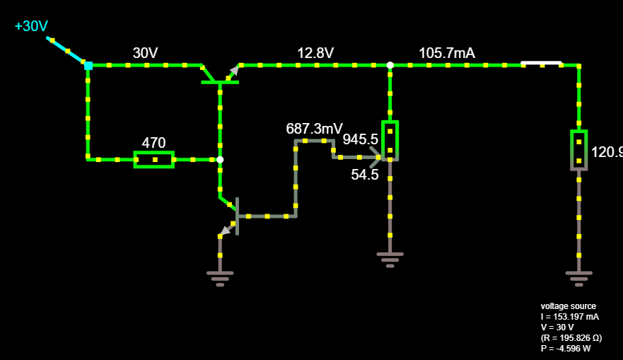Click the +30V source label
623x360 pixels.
point(32,26)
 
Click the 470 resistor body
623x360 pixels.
point(154,160)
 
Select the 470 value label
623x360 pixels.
point(153,142)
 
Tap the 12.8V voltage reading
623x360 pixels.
point(315,53)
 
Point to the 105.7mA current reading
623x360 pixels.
point(447,53)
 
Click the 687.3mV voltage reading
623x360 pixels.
point(314,129)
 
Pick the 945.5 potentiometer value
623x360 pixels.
point(360,140)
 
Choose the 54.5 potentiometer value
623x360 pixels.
point(365,175)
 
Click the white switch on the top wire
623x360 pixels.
point(542,64)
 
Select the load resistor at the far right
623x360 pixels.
point(578,150)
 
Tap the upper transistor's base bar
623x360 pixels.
point(220,83)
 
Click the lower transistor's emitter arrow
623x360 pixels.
point(225,229)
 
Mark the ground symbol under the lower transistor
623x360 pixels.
point(220,277)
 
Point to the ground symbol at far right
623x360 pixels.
point(578,277)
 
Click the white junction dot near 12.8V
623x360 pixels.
point(390,65)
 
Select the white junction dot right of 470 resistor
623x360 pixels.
point(220,160)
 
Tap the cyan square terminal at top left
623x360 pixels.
point(88,66)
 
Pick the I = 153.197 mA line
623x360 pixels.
point(570,317)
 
